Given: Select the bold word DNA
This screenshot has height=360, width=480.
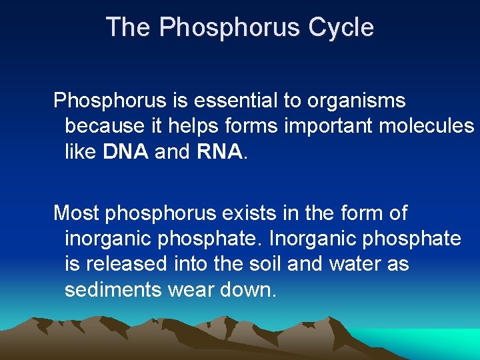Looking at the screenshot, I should coord(127,151).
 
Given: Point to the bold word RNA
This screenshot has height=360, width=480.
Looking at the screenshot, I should coord(219,151).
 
